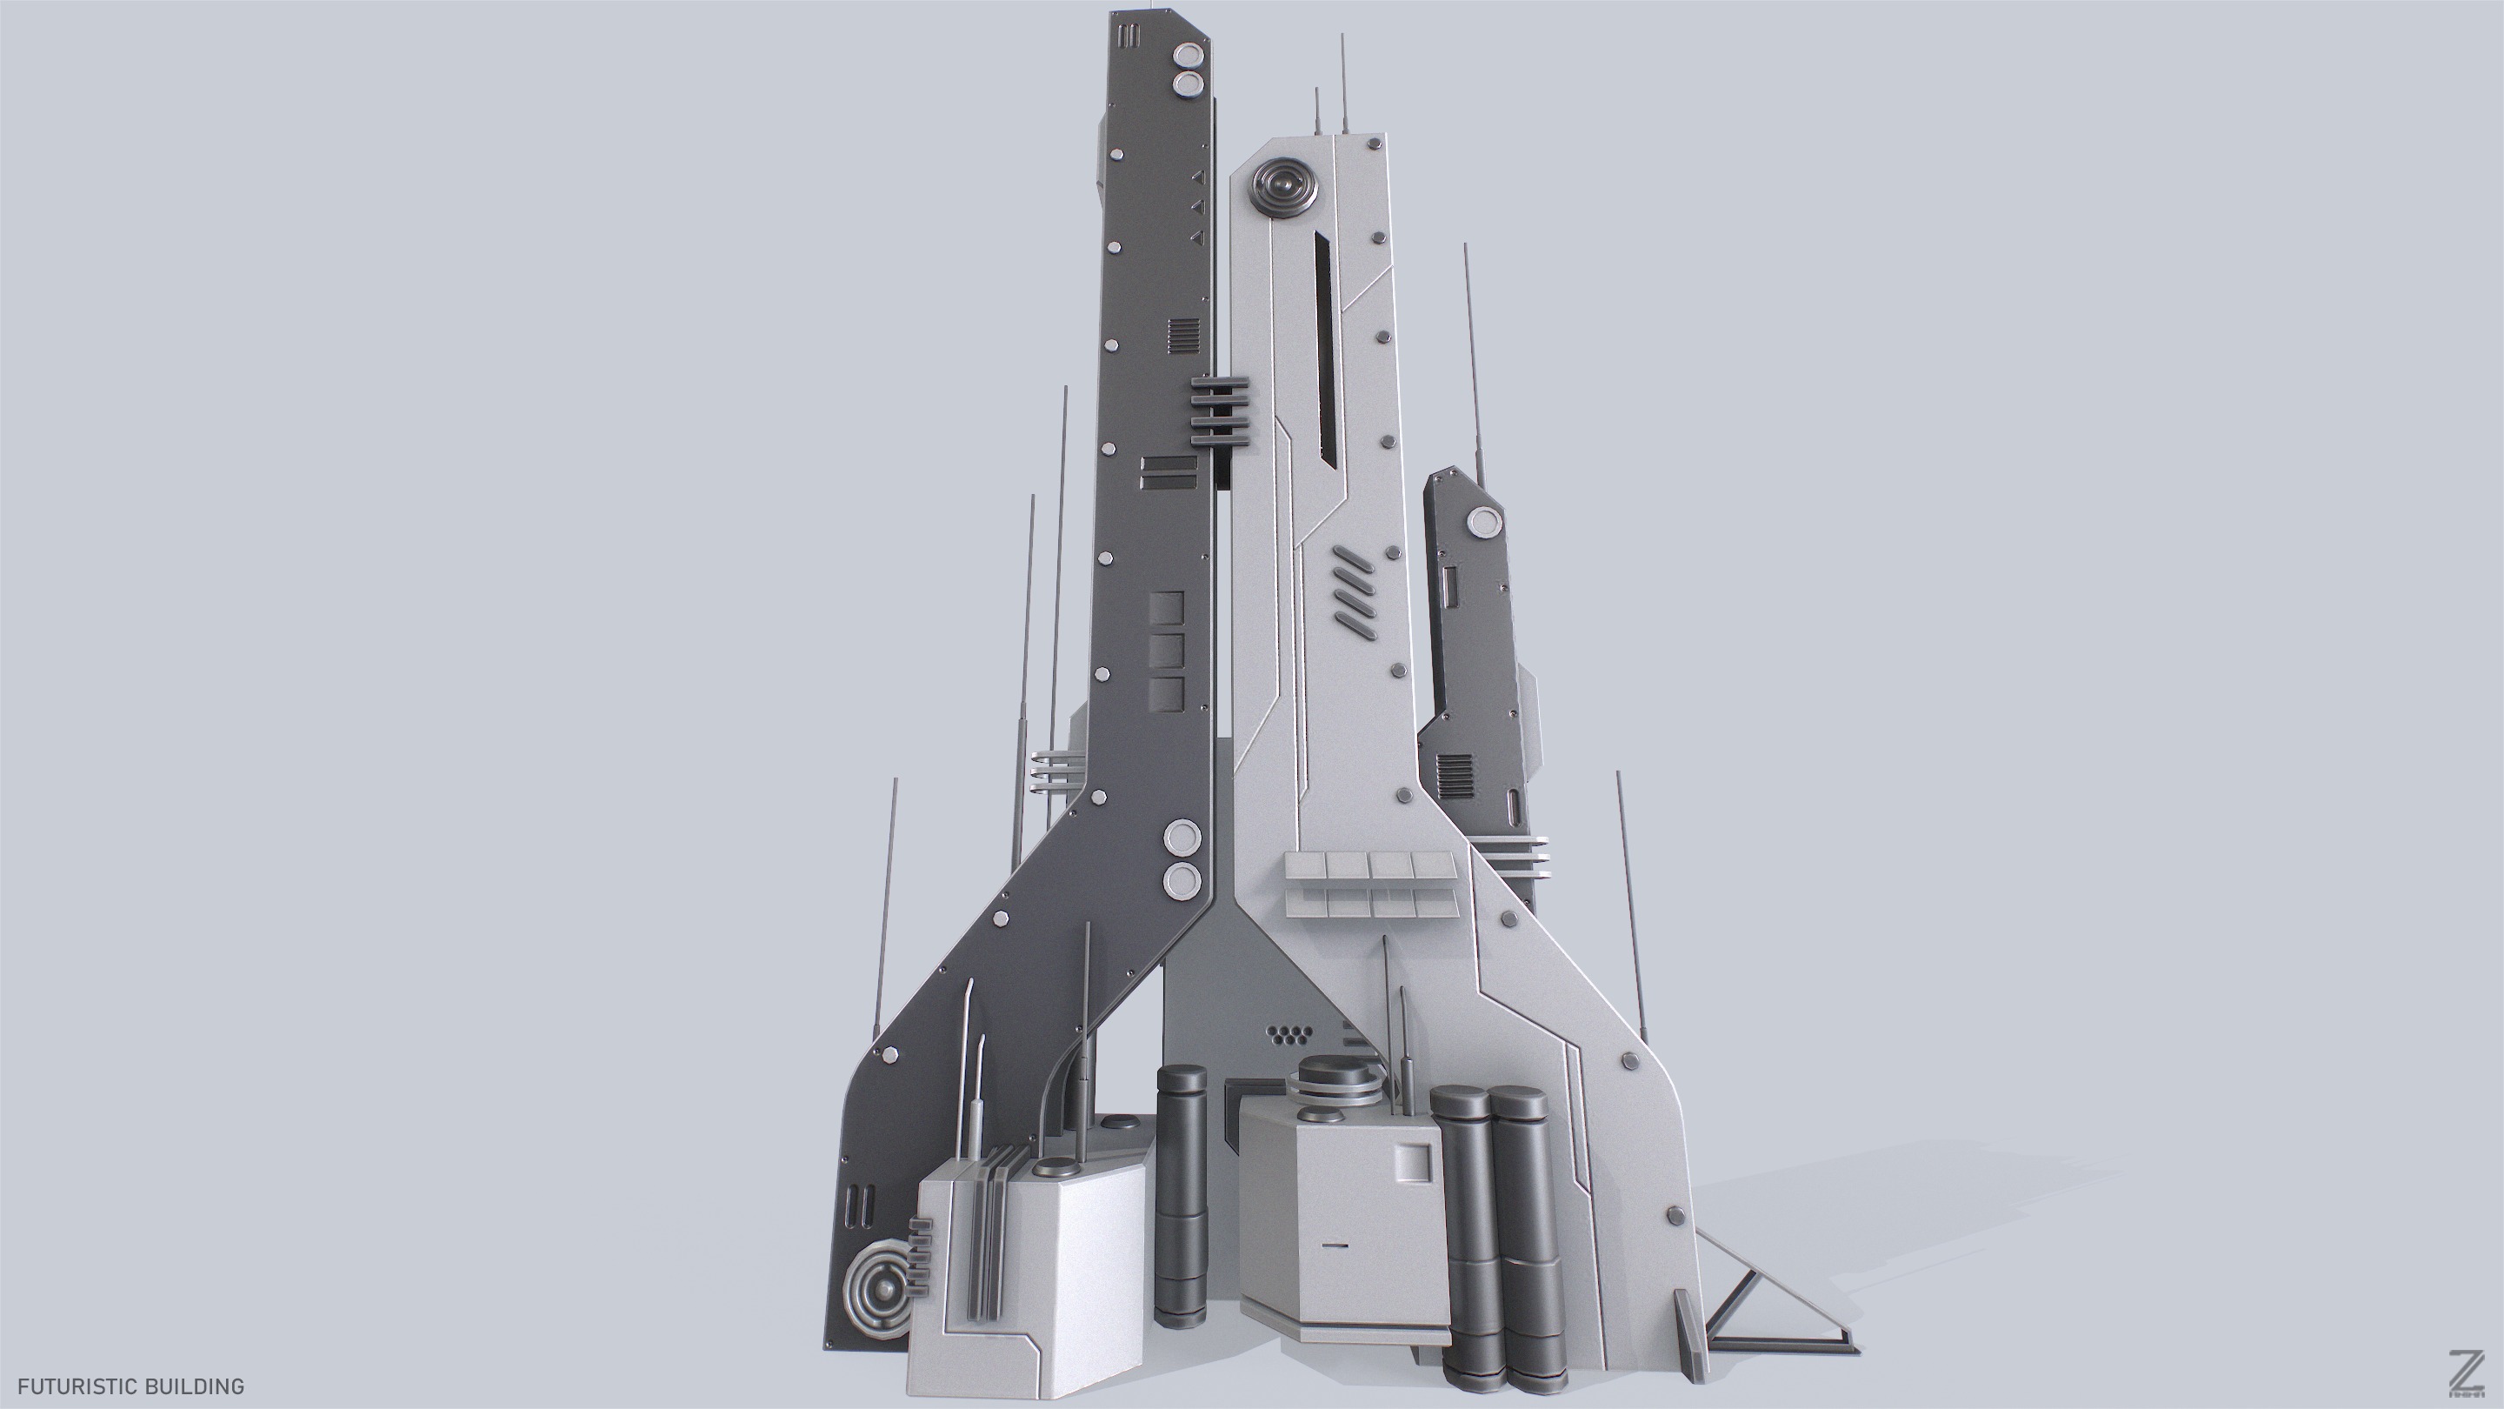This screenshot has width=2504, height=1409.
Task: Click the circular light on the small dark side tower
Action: pyautogui.click(x=1482, y=522)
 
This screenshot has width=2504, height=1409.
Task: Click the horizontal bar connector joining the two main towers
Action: pyautogui.click(x=1218, y=412)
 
